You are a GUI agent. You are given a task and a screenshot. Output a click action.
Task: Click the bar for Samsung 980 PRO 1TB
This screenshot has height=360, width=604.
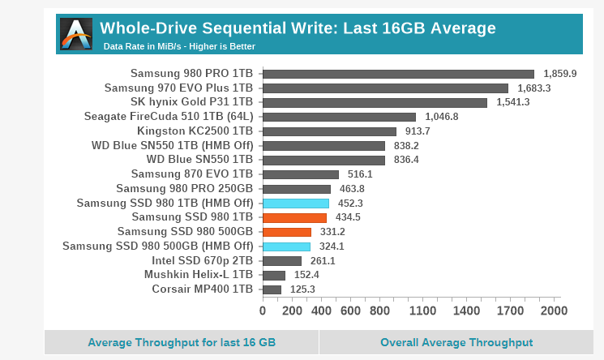[398, 74]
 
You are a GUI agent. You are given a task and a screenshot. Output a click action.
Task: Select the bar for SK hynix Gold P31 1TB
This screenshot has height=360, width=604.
[375, 102]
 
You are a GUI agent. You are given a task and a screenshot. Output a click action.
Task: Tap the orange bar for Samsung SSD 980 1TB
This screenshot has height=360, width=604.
[294, 217]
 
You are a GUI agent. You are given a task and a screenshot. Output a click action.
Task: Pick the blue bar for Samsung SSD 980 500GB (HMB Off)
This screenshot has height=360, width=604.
[286, 246]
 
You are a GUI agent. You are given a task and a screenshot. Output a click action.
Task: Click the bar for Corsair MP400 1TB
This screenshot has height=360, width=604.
[272, 289]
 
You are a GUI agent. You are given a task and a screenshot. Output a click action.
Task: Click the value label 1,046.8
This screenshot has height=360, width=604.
[441, 117]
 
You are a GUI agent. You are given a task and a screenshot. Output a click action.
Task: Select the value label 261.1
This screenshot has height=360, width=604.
[322, 261]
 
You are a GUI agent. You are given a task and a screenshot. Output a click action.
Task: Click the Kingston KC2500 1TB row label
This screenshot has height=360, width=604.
[195, 131]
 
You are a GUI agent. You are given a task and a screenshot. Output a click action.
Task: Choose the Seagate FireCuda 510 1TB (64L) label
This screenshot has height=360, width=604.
[169, 117]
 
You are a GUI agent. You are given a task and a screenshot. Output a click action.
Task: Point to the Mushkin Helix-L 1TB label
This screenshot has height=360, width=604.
[199, 275]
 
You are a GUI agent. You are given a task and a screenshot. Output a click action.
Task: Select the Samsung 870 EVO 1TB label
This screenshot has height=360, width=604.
[192, 174]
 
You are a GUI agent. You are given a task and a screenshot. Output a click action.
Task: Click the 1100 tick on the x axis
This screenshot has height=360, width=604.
[423, 311]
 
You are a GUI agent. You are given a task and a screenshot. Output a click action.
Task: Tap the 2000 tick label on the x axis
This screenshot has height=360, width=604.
[555, 311]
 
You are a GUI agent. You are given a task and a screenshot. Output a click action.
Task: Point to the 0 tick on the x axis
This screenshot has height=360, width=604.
[263, 311]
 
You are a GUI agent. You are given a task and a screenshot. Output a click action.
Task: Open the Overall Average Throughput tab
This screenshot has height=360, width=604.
[456, 342]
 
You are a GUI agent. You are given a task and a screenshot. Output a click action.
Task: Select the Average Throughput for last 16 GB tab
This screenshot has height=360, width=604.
[182, 342]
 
